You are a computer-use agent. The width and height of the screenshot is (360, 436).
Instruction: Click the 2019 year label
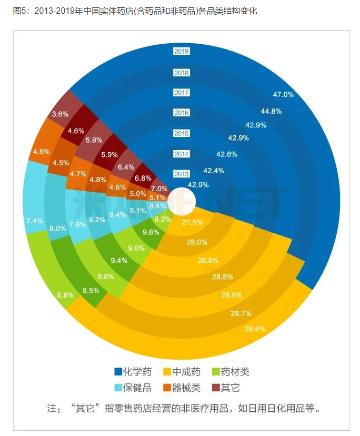(x=181, y=51)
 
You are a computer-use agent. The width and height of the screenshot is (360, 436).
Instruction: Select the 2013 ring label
(x=181, y=174)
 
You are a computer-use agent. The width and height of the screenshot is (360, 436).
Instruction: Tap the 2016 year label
(x=181, y=113)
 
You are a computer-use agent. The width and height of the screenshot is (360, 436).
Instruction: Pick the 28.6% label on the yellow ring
(x=255, y=329)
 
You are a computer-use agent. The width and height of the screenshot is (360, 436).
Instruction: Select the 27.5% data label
(x=192, y=222)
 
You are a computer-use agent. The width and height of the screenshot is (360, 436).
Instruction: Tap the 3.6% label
(x=60, y=114)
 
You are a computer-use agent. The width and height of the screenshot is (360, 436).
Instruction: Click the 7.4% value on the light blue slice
(x=34, y=221)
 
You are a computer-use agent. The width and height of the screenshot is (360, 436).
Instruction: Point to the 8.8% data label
(x=65, y=295)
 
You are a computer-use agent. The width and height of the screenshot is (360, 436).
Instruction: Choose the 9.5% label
(x=91, y=290)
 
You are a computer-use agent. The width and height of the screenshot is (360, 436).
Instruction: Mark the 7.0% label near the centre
(x=159, y=189)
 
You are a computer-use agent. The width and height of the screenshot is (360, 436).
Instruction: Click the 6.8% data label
(x=143, y=178)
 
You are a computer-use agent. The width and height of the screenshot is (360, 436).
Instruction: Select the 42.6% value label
(x=227, y=154)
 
